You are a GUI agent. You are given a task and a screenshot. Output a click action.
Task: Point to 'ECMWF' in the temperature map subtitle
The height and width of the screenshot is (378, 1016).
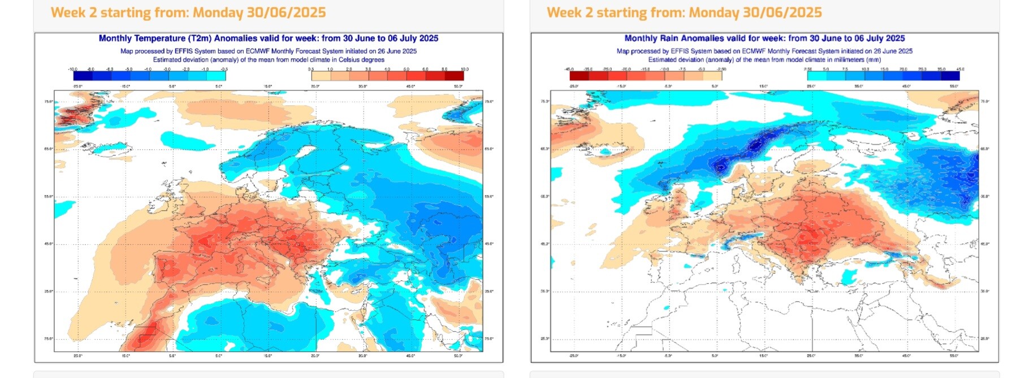258,51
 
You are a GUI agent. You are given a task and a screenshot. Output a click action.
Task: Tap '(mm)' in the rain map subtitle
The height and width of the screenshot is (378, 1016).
873,59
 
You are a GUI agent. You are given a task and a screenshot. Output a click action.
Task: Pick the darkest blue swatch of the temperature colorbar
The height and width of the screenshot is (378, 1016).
83,76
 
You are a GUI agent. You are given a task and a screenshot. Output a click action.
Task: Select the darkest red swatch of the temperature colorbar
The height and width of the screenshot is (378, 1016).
454,76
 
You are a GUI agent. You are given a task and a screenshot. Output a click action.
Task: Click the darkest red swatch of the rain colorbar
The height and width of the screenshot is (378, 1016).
578,76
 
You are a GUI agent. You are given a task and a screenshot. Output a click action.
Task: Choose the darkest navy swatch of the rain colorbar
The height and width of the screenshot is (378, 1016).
950,76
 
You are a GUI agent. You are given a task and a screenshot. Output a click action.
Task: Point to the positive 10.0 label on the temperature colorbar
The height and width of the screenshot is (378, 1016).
464,69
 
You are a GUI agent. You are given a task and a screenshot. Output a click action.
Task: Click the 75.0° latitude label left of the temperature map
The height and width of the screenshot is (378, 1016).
49,102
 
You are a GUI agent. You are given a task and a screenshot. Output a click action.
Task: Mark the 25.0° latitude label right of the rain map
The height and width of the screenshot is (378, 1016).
985,338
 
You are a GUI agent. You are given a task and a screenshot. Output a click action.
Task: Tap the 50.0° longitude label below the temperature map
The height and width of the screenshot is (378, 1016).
458,356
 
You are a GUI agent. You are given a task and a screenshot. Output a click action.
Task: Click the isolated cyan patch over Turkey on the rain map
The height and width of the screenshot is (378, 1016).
848,276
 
